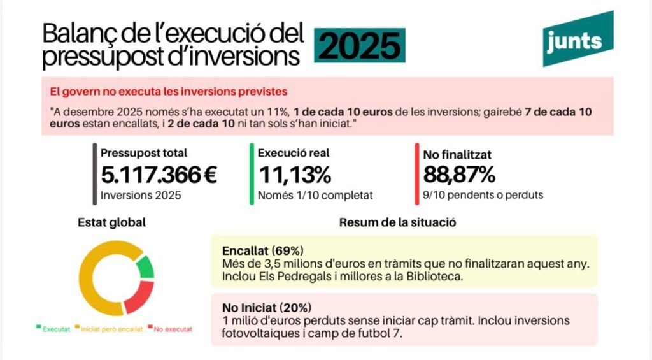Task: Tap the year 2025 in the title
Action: tap(360, 46)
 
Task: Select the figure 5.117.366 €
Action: tap(159, 174)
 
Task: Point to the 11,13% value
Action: tap(294, 174)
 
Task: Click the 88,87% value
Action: tap(455, 174)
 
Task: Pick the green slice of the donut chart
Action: tap(146, 266)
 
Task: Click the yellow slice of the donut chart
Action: tap(96, 280)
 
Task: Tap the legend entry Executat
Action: tap(53, 329)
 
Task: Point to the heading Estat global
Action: tap(111, 222)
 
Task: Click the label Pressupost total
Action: tap(144, 153)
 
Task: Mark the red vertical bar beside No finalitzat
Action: tap(416, 173)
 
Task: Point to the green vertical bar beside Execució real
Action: tap(252, 173)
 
